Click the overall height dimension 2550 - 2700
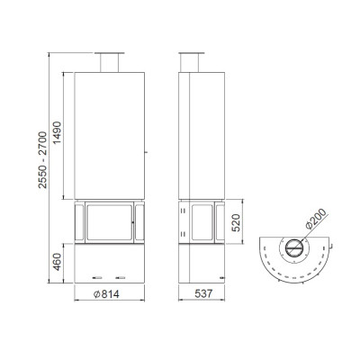[42, 160]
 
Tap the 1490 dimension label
[57, 132]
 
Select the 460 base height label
[57, 262]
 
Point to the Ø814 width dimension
[106, 294]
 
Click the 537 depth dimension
[203, 293]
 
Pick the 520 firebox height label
[237, 222]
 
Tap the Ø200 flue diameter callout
[315, 219]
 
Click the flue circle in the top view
[294, 248]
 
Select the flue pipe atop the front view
[109, 63]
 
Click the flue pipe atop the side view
[189, 63]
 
